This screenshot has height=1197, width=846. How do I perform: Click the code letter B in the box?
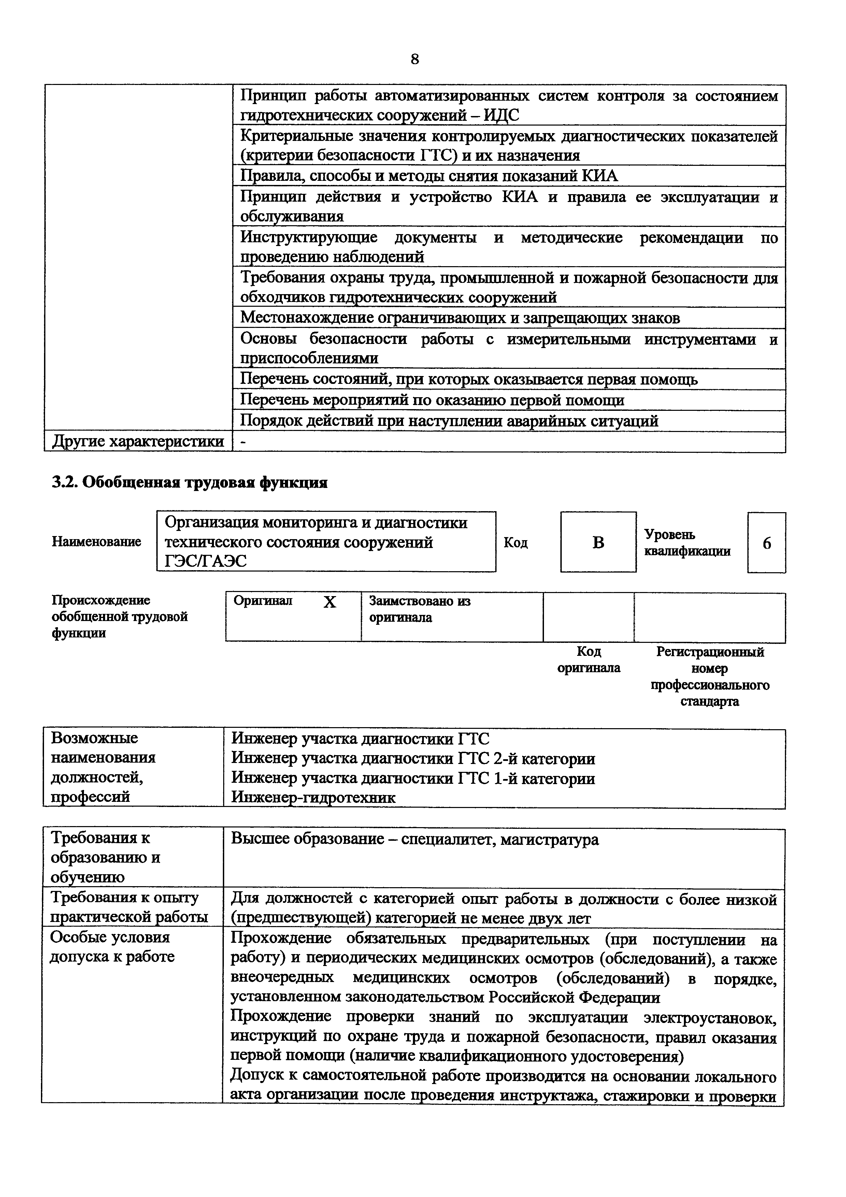tap(598, 543)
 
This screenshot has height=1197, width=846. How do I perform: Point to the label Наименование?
tap(97, 542)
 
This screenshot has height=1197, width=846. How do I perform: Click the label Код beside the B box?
tap(516, 543)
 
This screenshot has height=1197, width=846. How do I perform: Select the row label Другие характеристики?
tap(138, 442)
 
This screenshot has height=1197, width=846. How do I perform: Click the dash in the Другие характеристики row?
tap(243, 442)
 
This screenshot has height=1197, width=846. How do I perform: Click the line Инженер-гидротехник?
tap(313, 797)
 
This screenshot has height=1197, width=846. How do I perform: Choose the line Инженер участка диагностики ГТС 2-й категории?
tap(413, 758)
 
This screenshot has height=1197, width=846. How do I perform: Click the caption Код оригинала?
tap(589, 660)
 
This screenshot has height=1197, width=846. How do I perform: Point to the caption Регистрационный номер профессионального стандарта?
tap(709, 676)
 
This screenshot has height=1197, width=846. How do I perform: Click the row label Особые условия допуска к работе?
tap(112, 947)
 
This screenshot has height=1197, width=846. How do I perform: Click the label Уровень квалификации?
tap(687, 543)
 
